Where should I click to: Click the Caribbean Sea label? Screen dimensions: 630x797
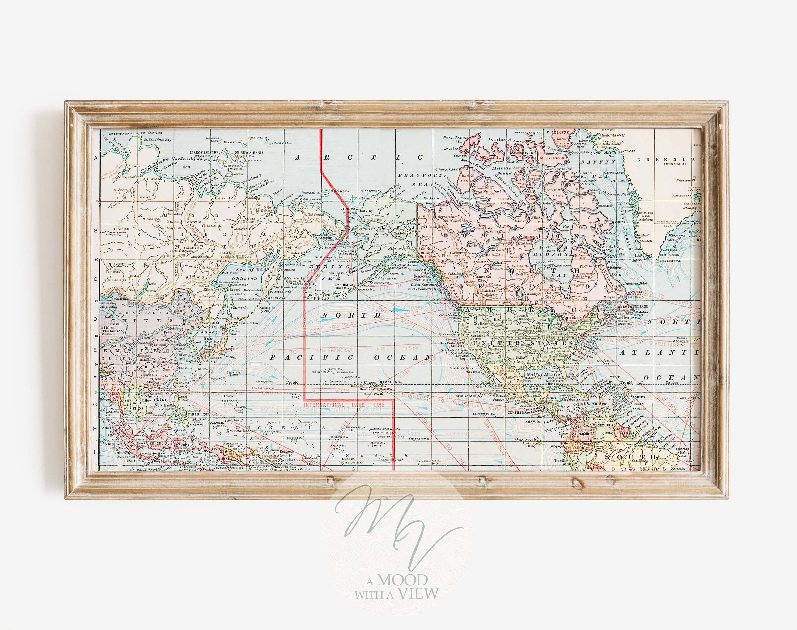[x=594, y=405]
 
